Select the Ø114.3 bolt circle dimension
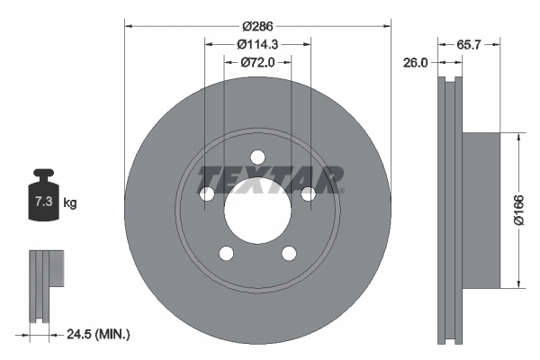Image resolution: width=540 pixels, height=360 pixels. [x=258, y=43]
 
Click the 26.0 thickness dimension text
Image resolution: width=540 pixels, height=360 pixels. [x=417, y=63]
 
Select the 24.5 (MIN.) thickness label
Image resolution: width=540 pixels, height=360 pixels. [x=100, y=334]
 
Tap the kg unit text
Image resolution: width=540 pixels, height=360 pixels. [x=71, y=203]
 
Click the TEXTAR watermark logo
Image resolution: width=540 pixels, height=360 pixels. [x=270, y=180]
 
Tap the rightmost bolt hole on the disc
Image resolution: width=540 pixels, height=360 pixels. [x=309, y=193]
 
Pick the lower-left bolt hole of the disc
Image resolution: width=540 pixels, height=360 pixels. [x=226, y=253]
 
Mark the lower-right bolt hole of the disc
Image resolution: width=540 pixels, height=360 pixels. [x=289, y=253]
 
